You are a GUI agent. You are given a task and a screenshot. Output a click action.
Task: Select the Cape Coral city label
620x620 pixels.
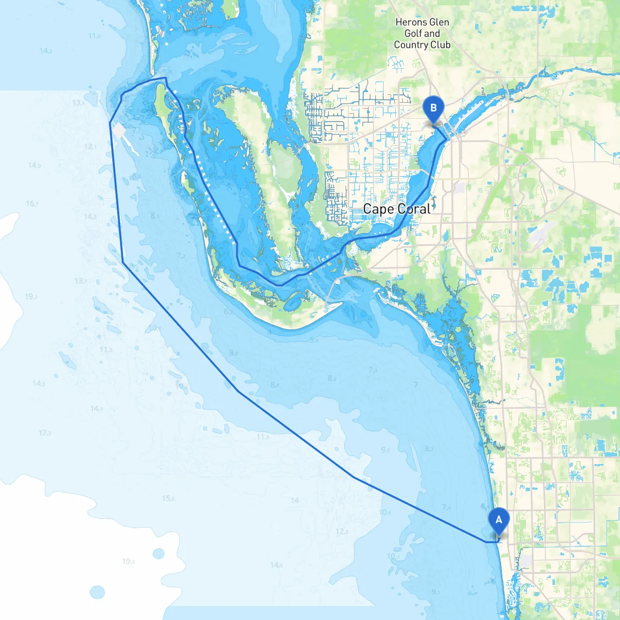(x=397, y=209)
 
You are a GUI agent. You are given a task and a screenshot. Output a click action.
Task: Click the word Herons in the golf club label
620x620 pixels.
(x=408, y=22)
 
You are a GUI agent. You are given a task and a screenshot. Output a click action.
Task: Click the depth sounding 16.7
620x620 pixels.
(x=32, y=203)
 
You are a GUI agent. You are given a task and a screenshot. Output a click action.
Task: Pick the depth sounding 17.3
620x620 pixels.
(x=45, y=433)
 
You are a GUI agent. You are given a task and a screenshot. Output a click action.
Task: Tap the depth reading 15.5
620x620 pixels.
(x=168, y=498)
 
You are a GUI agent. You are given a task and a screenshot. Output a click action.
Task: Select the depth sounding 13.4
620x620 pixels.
(x=78, y=103)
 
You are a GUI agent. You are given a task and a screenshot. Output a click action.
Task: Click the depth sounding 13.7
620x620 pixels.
(x=80, y=281)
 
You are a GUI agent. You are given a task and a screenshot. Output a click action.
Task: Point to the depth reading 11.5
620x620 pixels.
(x=106, y=350)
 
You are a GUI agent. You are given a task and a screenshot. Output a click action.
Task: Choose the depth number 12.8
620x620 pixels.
(x=342, y=531)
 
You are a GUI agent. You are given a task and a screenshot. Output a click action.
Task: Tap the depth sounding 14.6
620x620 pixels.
(x=277, y=565)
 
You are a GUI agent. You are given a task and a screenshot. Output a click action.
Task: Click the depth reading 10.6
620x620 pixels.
(x=385, y=512)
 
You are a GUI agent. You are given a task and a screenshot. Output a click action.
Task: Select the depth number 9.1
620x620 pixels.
(x=436, y=591)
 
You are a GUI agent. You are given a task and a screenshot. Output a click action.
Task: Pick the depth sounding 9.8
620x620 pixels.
(x=385, y=449)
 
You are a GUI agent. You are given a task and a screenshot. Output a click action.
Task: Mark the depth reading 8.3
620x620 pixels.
(x=429, y=449)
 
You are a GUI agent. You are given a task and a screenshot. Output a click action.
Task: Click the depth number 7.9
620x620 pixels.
(x=372, y=370)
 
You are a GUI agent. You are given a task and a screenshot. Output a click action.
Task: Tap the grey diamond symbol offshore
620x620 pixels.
(x=119, y=130)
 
